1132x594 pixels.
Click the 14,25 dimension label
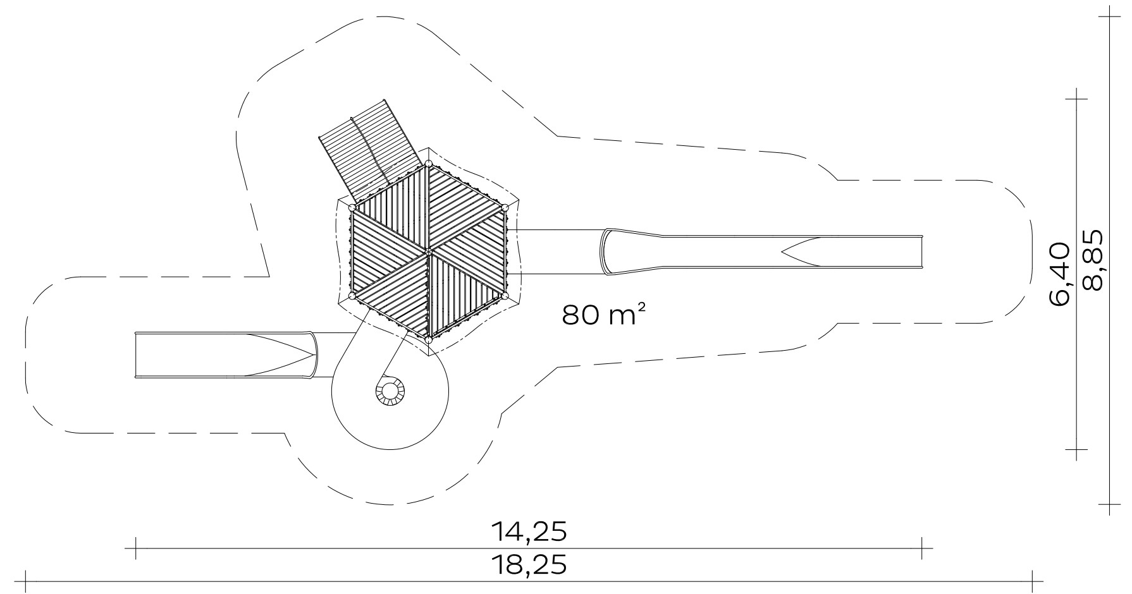[x=529, y=532]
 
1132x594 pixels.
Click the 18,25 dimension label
[x=529, y=564]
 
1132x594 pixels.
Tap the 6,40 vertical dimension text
[x=1059, y=275]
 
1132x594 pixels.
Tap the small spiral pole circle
[x=388, y=392]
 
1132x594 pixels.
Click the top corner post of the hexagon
[x=429, y=164]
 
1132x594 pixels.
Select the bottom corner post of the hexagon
[x=429, y=340]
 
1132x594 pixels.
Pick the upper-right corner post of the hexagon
[x=505, y=208]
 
